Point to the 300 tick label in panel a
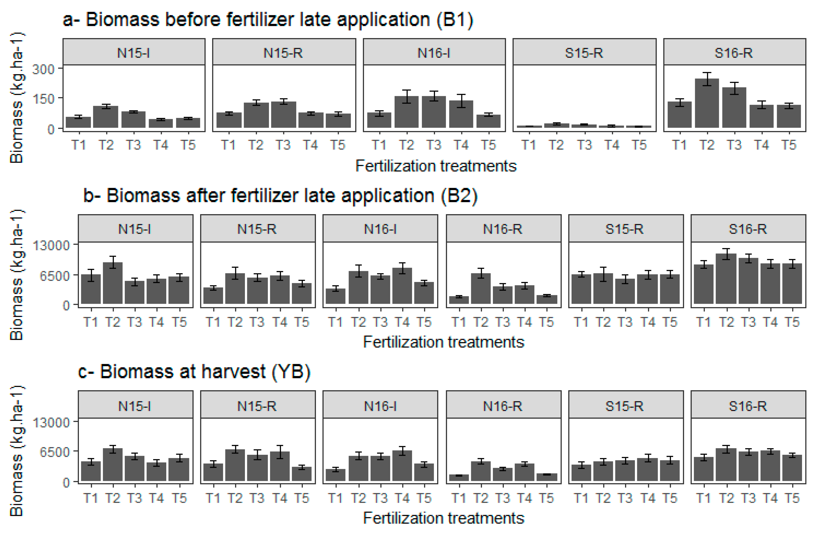coord(43,69)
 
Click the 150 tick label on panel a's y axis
coord(43,99)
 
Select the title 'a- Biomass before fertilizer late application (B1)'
coord(268,19)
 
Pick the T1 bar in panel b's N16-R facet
coord(459,300)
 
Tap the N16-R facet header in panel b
coord(503,229)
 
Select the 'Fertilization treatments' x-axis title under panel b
coord(443,342)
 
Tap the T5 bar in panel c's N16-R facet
coord(547,477)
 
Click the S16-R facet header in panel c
coord(748,406)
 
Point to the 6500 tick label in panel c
coord(55,452)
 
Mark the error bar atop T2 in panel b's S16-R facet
coord(727,254)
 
